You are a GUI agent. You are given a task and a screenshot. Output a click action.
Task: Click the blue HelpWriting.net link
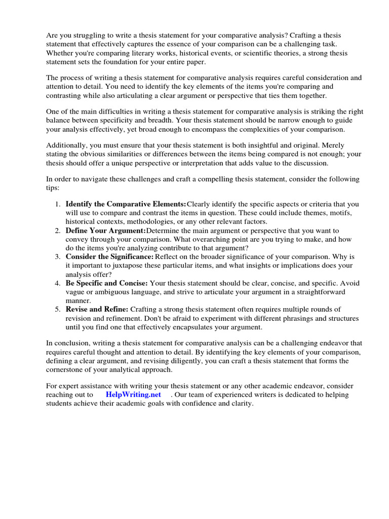[x=133, y=394]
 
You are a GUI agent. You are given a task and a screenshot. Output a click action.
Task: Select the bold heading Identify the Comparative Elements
[x=126, y=204]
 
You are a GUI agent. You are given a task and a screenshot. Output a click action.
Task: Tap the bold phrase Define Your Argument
[x=105, y=230]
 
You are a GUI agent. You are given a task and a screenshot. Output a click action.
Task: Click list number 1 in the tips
[x=58, y=204]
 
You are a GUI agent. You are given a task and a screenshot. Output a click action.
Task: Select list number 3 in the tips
[x=58, y=257]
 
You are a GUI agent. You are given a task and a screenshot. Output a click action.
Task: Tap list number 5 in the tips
[x=58, y=309]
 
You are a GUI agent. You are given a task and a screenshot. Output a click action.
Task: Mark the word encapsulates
[x=193, y=327]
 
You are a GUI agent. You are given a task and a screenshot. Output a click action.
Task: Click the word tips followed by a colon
[x=52, y=188]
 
